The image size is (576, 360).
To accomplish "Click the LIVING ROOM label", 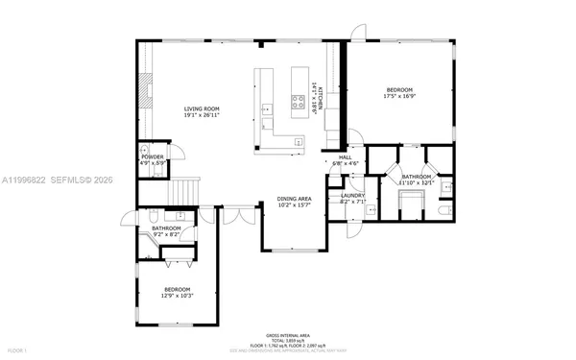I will click(203, 109).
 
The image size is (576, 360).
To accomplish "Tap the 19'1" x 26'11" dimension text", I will click(203, 117).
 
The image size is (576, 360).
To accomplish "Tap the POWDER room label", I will click(153, 156).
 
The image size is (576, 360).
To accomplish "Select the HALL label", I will click(345, 157).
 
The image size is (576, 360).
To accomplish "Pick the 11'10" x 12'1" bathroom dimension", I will click(419, 183).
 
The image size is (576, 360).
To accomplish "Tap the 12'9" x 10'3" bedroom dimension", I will click(177, 296).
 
